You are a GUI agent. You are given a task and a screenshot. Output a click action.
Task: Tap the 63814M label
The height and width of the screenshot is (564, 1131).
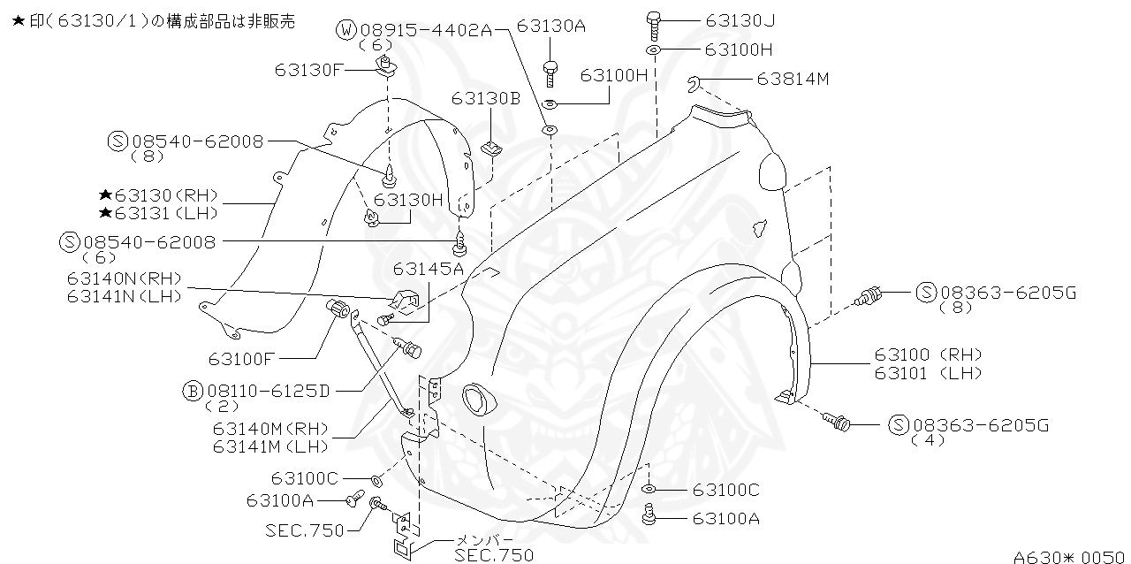(x=793, y=79)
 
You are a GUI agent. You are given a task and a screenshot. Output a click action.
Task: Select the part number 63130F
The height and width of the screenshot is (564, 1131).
(x=308, y=68)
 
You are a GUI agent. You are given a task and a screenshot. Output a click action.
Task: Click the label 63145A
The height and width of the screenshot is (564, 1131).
(x=429, y=268)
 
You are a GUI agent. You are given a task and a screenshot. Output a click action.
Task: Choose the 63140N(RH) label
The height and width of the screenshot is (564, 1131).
(x=124, y=278)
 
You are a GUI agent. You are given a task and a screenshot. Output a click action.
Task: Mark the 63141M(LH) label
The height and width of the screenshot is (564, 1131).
(x=270, y=446)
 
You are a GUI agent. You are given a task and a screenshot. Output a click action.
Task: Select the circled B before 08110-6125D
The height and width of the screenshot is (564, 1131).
(x=192, y=390)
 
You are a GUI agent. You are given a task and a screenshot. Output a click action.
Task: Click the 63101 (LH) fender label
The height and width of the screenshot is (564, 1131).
(x=928, y=373)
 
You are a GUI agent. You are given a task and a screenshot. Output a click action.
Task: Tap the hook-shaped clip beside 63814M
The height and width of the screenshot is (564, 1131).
(x=695, y=84)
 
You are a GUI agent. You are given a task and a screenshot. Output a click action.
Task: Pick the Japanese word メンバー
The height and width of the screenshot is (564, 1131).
(x=483, y=539)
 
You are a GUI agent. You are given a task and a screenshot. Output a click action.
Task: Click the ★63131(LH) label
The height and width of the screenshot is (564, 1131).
(x=158, y=213)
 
